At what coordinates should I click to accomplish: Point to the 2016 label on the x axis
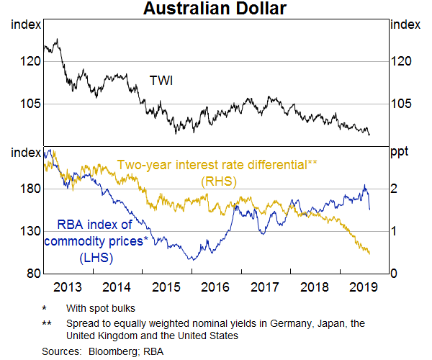215,287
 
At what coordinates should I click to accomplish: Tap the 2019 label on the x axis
364,287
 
